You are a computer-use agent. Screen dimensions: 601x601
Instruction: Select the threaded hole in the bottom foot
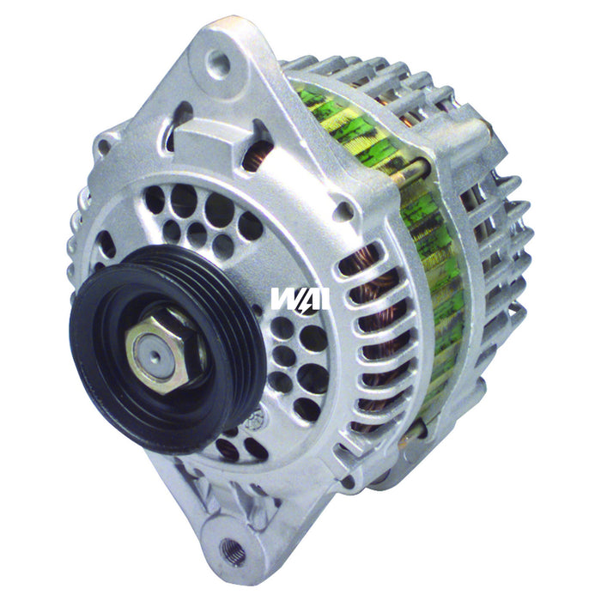point(231,547)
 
